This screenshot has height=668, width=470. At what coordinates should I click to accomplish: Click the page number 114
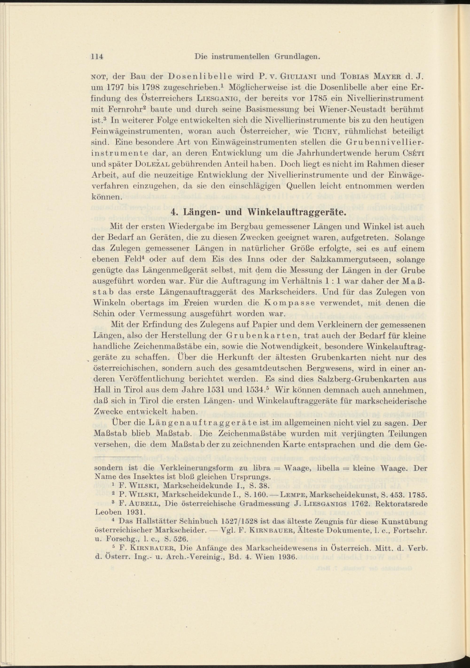point(98,57)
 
